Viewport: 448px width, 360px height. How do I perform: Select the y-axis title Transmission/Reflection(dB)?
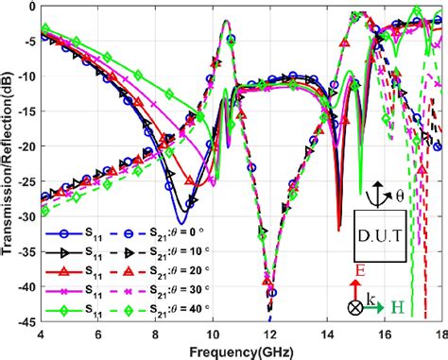[9, 165]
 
